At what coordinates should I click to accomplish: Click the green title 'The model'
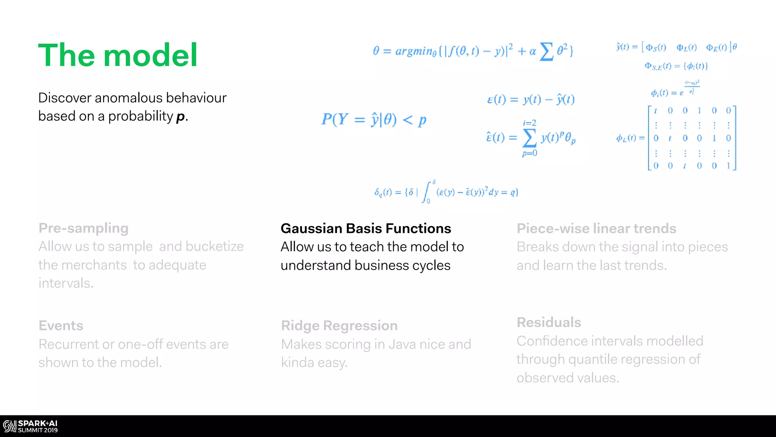pyautogui.click(x=118, y=55)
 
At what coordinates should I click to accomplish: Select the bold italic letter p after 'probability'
pyautogui.click(x=181, y=116)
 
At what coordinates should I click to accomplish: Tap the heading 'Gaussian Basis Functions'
pyautogui.click(x=366, y=228)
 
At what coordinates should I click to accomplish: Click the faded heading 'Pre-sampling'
pyautogui.click(x=83, y=228)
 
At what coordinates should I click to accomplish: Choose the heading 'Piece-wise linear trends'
pyautogui.click(x=596, y=228)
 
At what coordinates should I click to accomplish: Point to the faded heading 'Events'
pyautogui.click(x=61, y=325)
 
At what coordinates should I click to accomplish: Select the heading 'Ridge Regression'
pyautogui.click(x=339, y=325)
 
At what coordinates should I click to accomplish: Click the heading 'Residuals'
pyautogui.click(x=549, y=322)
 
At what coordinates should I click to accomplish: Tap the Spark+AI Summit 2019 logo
pyautogui.click(x=30, y=426)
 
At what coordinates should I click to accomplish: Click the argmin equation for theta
pyautogui.click(x=473, y=51)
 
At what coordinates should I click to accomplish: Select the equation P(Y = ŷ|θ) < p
pyautogui.click(x=374, y=120)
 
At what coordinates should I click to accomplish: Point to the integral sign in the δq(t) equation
pyautogui.click(x=427, y=192)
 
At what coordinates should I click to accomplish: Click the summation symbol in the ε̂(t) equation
pyautogui.click(x=529, y=137)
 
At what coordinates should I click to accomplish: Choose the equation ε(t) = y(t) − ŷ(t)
pyautogui.click(x=530, y=99)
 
